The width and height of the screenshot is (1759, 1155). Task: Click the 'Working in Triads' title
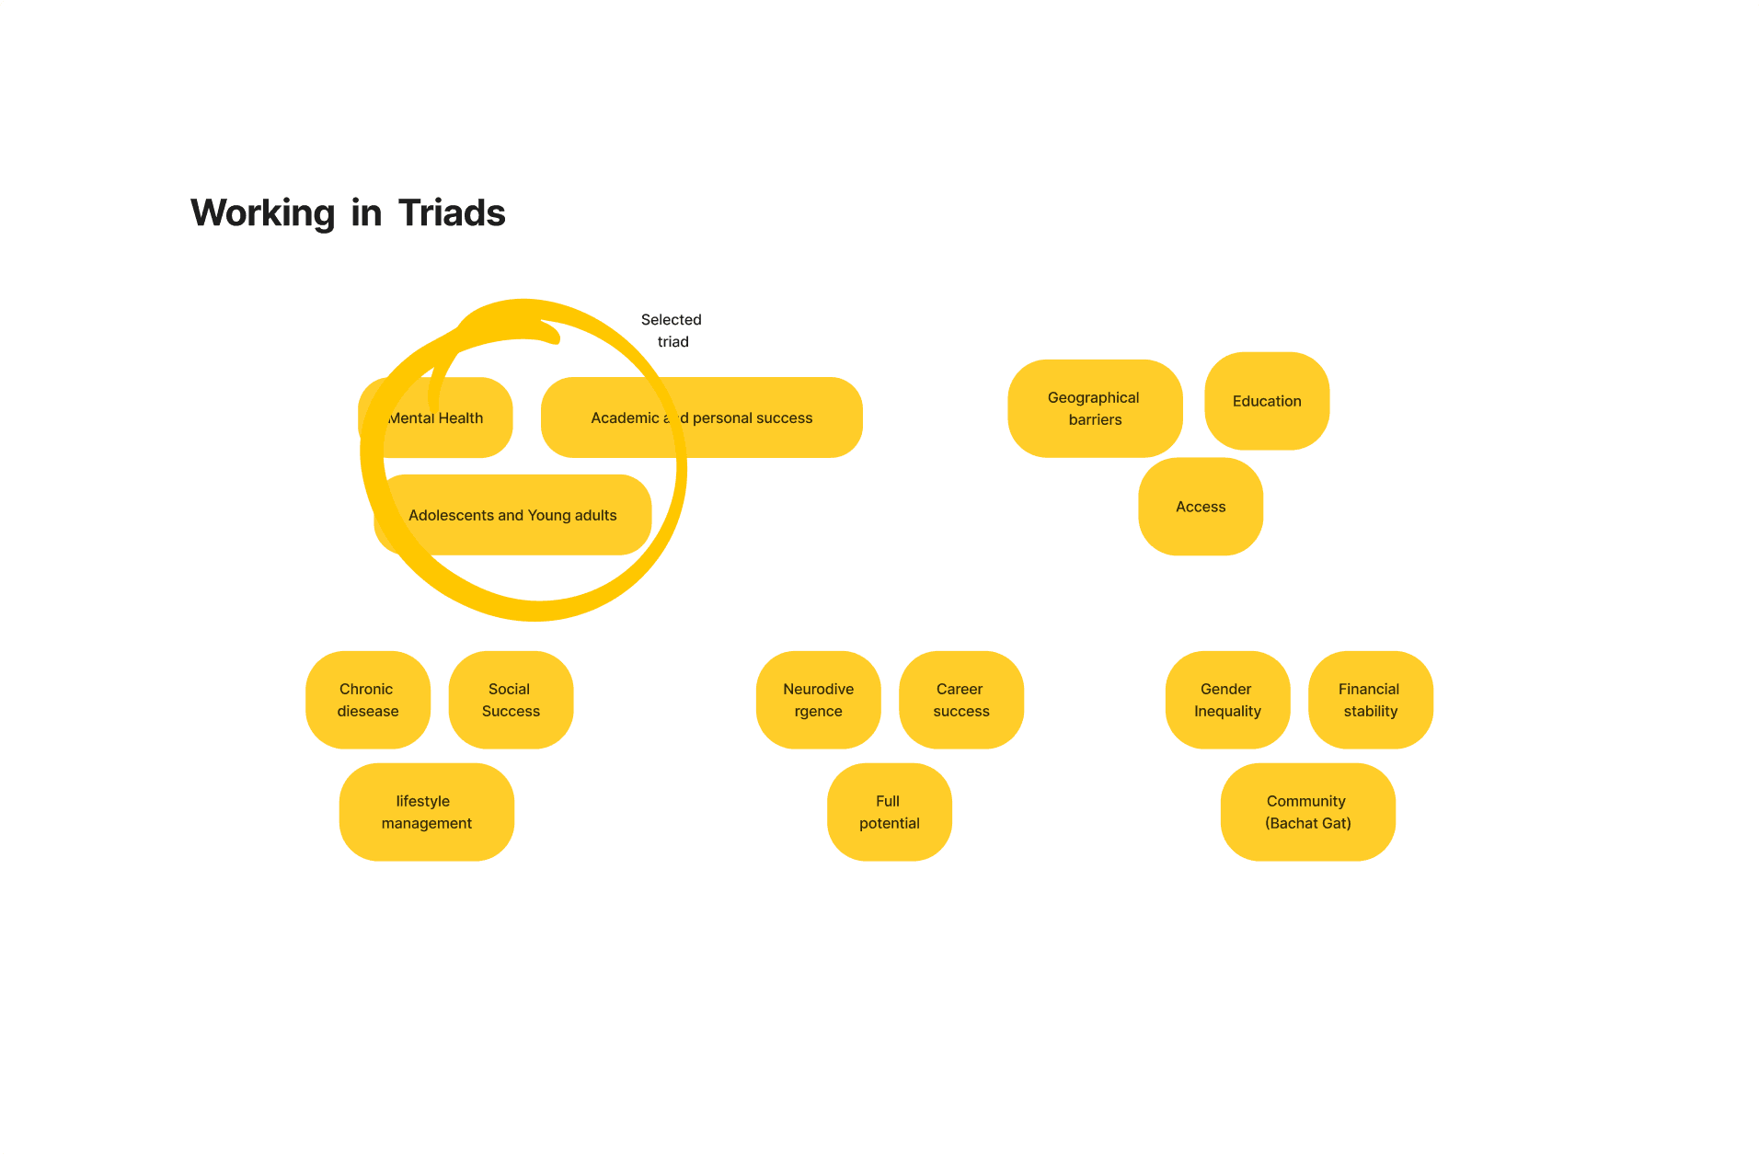pos(348,212)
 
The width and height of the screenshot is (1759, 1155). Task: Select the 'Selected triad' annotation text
pos(672,330)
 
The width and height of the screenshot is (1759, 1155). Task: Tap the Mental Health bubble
pos(436,418)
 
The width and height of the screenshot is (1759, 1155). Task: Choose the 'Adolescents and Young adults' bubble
pos(512,515)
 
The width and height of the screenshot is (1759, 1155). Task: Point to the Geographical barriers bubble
pos(1094,408)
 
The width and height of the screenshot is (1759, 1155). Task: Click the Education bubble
pos(1267,401)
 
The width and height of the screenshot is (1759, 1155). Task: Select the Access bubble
pos(1201,507)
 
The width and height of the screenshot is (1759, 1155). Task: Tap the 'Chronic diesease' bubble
pos(367,700)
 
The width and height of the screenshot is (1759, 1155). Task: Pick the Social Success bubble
pos(511,700)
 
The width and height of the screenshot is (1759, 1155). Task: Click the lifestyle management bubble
pos(426,812)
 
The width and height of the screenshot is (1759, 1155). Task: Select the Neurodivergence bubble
pos(818,700)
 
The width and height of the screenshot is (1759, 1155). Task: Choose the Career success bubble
pos(960,700)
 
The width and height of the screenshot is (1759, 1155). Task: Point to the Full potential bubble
pos(889,812)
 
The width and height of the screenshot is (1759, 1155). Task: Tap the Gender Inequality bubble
pos(1227,700)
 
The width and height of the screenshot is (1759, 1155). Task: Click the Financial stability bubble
pos(1370,700)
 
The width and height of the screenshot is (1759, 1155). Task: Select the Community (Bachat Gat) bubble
pos(1307,812)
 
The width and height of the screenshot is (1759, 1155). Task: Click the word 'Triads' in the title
pos(452,212)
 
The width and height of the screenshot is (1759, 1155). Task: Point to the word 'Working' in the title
pos(263,212)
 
